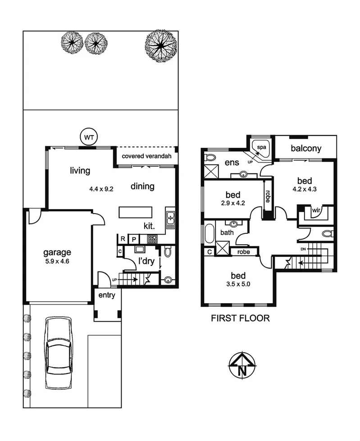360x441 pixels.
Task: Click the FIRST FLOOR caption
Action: (240, 318)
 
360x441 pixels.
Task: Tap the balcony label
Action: (306, 148)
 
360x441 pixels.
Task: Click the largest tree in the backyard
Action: (160, 45)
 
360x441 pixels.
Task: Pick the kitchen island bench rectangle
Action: (136, 212)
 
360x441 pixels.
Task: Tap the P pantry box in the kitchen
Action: (134, 239)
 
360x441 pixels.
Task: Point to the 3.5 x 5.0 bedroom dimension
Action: (238, 285)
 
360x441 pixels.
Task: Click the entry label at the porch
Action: (107, 296)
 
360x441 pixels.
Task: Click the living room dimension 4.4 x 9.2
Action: (101, 189)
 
